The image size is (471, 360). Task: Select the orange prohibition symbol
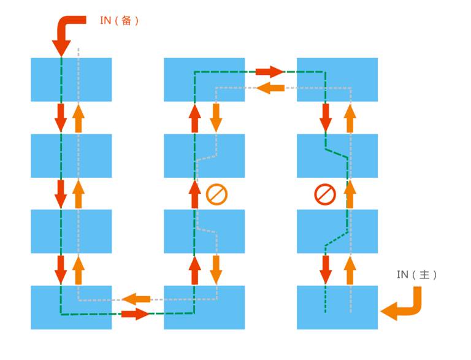point(216,194)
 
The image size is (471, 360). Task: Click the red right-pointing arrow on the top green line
point(270,72)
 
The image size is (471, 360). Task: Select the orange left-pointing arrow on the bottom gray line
point(136,299)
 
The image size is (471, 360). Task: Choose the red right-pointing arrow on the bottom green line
point(135,315)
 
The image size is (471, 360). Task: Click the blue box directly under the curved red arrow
point(71,80)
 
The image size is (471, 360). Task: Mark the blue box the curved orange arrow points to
point(337,307)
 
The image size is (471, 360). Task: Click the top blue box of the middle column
point(204,80)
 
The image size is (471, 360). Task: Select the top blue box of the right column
point(337,80)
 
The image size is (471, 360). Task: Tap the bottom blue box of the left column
point(71,307)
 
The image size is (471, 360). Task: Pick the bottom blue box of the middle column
point(204,307)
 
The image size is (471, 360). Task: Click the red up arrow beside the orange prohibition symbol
point(195,194)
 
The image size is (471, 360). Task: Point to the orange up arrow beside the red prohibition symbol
point(350,194)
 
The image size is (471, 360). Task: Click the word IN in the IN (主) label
point(402,275)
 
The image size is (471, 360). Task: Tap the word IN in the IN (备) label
point(105,20)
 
